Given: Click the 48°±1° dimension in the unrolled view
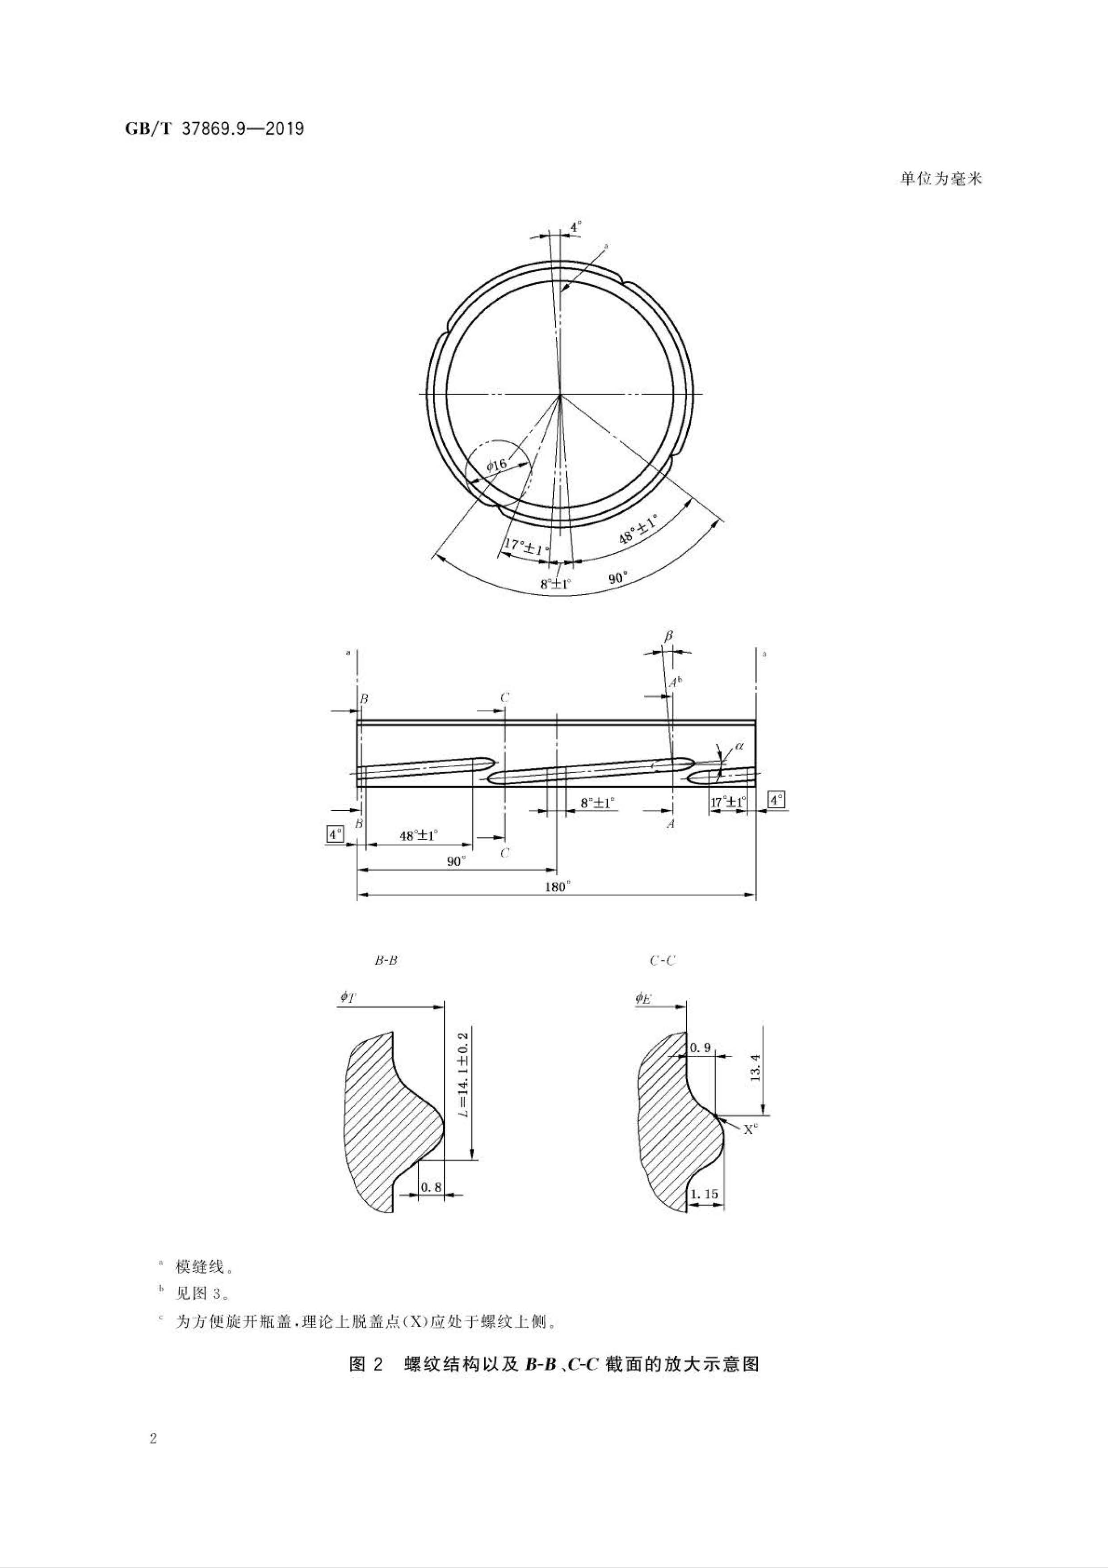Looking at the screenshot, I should coord(418,835).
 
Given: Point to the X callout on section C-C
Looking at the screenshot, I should coord(750,1130).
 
